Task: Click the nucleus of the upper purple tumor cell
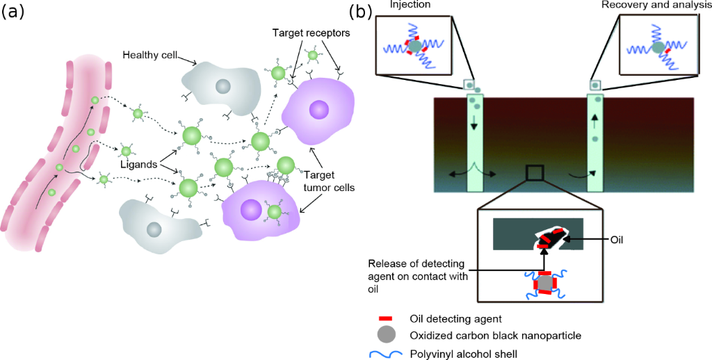point(319,110)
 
